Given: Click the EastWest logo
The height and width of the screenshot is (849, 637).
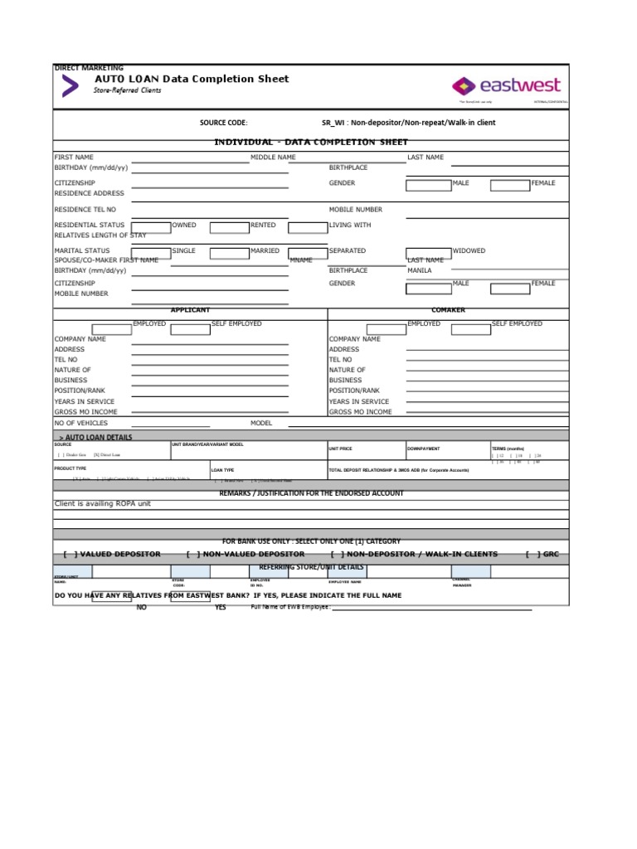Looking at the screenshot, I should tap(506, 85).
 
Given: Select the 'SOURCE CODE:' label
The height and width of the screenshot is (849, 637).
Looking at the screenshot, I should tap(223, 123).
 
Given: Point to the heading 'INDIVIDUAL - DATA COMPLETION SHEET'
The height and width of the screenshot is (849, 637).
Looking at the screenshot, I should tap(299, 142).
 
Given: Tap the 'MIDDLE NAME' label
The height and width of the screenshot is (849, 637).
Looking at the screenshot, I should tap(273, 157).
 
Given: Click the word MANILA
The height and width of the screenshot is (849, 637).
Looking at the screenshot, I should tap(420, 270).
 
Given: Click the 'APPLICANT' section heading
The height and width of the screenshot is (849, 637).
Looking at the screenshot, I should tap(190, 310).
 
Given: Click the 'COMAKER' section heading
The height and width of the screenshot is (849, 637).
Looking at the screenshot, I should tap(449, 310).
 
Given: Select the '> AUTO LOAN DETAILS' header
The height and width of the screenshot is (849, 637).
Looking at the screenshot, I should tap(95, 437).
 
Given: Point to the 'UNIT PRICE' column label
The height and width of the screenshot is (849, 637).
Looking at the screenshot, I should tap(340, 449).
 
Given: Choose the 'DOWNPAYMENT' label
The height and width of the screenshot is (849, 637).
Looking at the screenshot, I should tap(423, 449).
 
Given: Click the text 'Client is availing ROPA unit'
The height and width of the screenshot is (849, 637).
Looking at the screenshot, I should tap(103, 504).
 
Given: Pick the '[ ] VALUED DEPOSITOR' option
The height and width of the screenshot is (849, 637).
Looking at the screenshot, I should tap(112, 554).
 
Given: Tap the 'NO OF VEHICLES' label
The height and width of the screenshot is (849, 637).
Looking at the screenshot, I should tap(81, 423).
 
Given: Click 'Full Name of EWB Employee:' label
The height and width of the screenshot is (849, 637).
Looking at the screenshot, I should tap(290, 607).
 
